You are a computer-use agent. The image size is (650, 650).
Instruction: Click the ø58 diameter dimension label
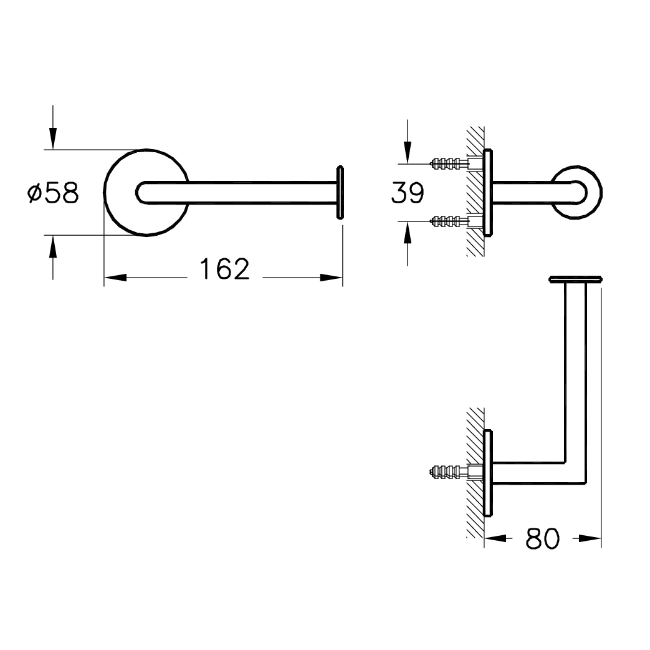pos(52,193)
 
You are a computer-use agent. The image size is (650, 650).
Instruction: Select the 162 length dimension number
pos(225,269)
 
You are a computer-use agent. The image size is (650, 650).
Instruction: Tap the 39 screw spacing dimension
pos(408,193)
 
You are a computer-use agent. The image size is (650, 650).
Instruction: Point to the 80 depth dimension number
pos(543,538)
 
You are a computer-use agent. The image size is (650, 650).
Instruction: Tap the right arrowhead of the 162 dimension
pos(331,278)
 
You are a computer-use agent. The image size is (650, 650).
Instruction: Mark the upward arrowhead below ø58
pos(52,246)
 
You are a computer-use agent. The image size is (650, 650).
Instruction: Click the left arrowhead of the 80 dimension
pos(495,538)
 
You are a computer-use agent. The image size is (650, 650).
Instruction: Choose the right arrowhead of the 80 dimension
pos(590,538)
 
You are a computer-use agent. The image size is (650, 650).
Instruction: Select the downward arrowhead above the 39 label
pos(408,153)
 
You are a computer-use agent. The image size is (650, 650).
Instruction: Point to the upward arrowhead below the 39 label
pos(408,233)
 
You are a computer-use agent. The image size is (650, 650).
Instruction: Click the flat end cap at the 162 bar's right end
pos(340,193)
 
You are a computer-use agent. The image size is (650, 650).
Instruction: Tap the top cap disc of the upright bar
pos(575,279)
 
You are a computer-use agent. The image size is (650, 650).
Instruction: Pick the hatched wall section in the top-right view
pos(476,192)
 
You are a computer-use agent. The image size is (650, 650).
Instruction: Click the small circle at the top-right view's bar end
pos(576,193)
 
